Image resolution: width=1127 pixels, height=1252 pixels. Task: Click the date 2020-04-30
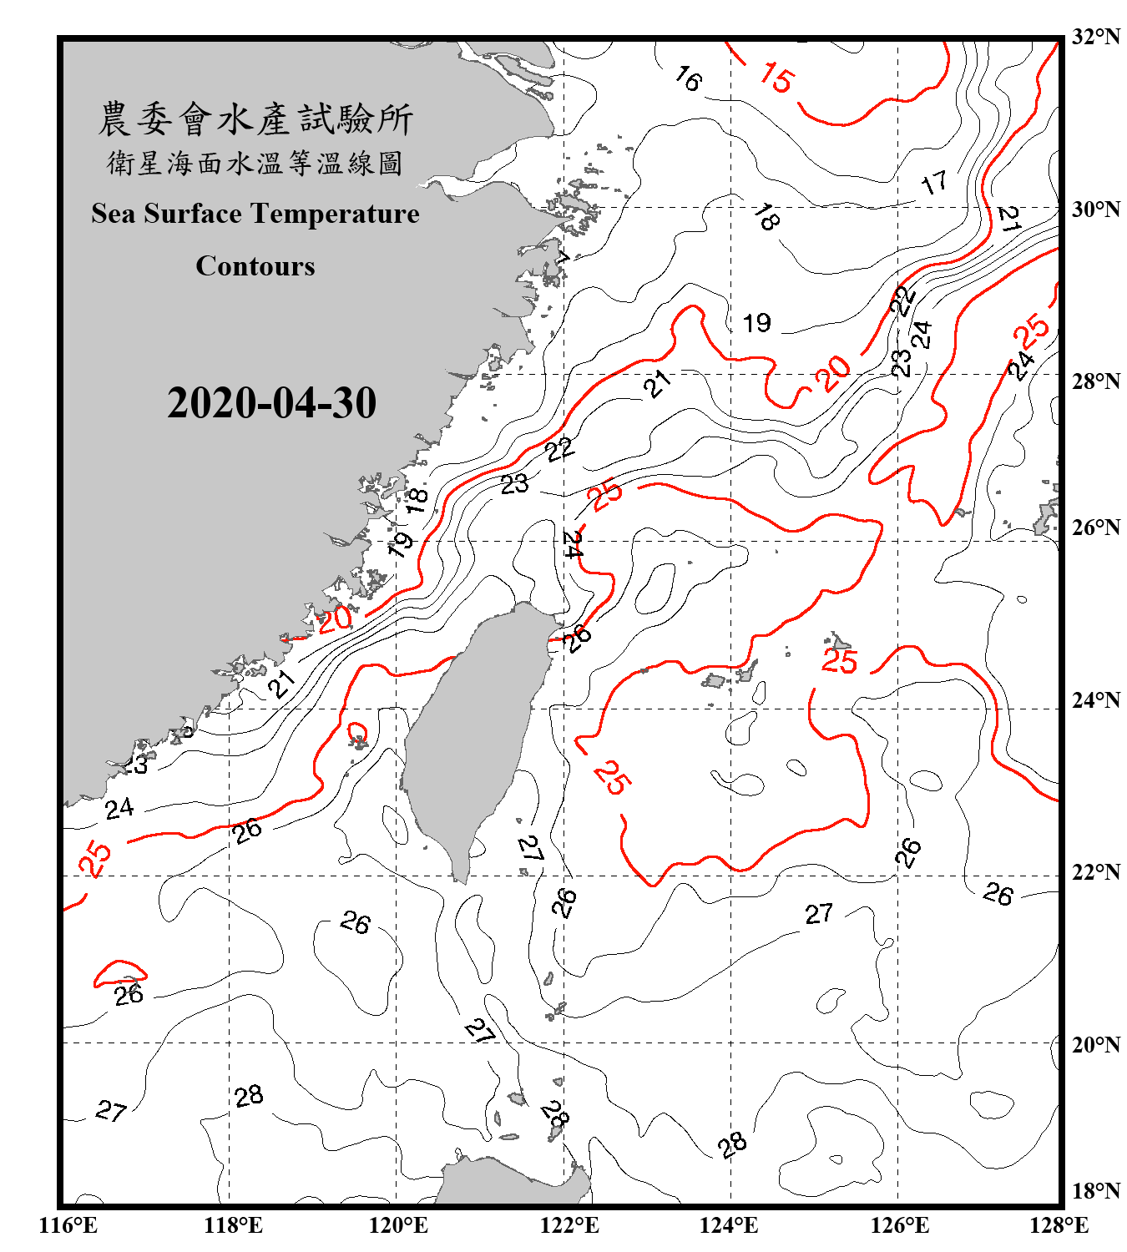point(271,403)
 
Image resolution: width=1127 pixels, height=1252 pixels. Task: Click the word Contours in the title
point(255,266)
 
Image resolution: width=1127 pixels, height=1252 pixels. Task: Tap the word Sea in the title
point(113,214)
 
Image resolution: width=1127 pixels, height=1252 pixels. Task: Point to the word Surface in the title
point(192,214)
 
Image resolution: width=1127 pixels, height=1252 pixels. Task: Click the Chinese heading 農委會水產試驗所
point(255,119)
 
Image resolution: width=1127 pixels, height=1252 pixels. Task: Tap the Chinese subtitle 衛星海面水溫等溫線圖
point(255,163)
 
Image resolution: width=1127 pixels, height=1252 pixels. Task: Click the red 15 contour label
point(776,78)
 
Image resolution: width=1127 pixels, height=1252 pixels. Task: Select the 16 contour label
point(688,79)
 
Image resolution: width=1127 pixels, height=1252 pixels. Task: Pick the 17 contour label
point(934,182)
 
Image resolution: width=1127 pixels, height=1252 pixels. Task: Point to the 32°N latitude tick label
point(1096,37)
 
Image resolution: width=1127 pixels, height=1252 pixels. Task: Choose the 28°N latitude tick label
point(1096,381)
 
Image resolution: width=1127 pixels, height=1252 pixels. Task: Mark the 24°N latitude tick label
point(1096,700)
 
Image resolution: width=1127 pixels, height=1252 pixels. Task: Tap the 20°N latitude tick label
point(1096,1044)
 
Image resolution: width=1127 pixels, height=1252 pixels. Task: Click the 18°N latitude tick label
point(1096,1191)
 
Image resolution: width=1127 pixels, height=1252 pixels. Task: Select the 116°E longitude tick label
point(68,1225)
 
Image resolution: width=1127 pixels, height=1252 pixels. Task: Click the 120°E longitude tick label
point(398,1225)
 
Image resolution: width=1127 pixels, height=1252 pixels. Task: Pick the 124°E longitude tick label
point(729,1225)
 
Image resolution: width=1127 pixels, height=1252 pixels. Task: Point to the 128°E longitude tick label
point(1059,1225)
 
